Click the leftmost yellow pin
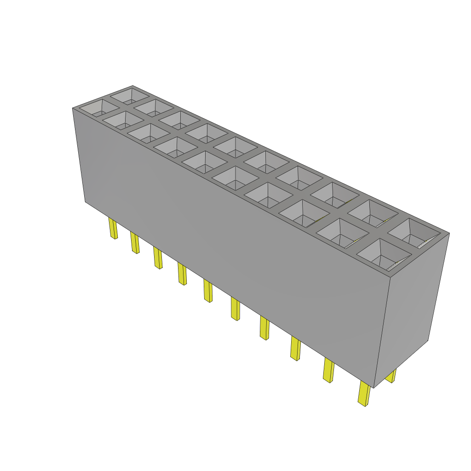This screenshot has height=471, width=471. pos(113,229)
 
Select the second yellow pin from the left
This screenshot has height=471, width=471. pos(135,242)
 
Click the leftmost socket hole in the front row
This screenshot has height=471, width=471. pos(99,109)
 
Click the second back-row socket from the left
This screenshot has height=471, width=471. pos(154,108)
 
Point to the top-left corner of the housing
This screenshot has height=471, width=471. pos(73,109)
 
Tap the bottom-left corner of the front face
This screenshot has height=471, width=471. pos(85,202)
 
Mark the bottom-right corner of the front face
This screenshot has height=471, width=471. pos(373,388)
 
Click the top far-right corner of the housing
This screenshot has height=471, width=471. pos(449,233)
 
